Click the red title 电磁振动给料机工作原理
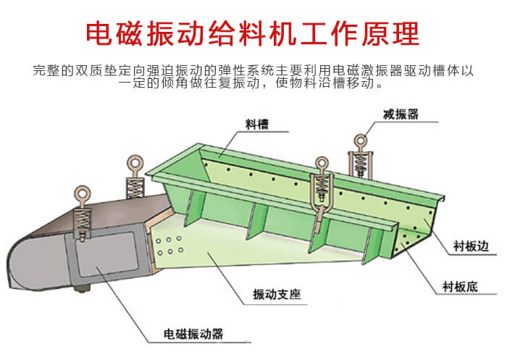click(x=253, y=33)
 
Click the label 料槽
click(x=256, y=124)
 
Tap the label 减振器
click(x=401, y=114)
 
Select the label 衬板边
click(x=471, y=246)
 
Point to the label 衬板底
click(x=459, y=287)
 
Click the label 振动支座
click(x=277, y=294)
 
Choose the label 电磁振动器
click(x=193, y=334)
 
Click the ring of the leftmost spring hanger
click(x=83, y=194)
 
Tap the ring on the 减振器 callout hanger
click(x=360, y=141)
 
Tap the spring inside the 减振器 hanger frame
click(x=360, y=164)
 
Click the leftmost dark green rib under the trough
click(x=193, y=208)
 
